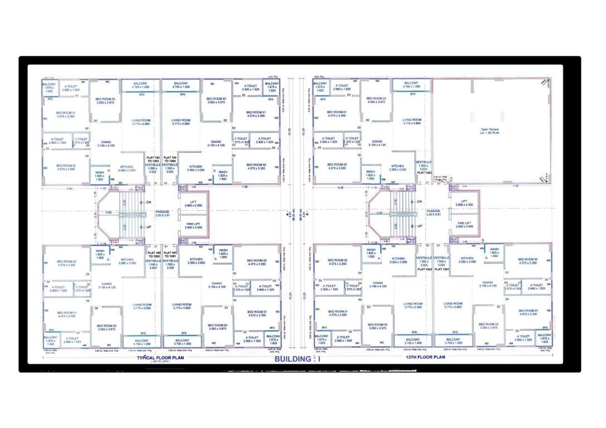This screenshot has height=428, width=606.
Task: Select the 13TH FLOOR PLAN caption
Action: point(426,357)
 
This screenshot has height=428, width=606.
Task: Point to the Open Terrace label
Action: point(491,132)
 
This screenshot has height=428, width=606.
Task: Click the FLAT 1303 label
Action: point(425,173)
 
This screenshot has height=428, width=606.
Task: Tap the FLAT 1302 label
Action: point(425,269)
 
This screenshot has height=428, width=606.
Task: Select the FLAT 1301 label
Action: point(442,269)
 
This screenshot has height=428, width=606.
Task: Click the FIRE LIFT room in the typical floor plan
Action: point(193,226)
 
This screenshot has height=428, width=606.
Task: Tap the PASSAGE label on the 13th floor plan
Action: point(433,212)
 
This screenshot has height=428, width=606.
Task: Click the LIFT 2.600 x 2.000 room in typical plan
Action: point(193,203)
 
